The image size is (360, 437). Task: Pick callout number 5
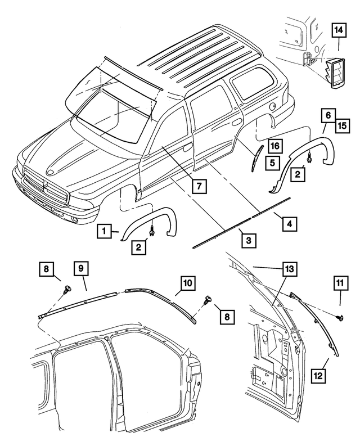(x=273, y=163)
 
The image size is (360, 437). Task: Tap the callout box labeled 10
(x=187, y=282)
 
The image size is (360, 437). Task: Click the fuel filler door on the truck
(x=272, y=105)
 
